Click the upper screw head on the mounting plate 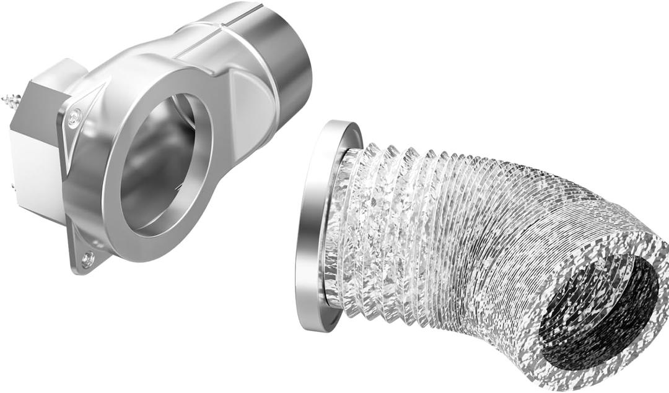click(75, 114)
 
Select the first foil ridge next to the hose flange click(351, 229)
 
